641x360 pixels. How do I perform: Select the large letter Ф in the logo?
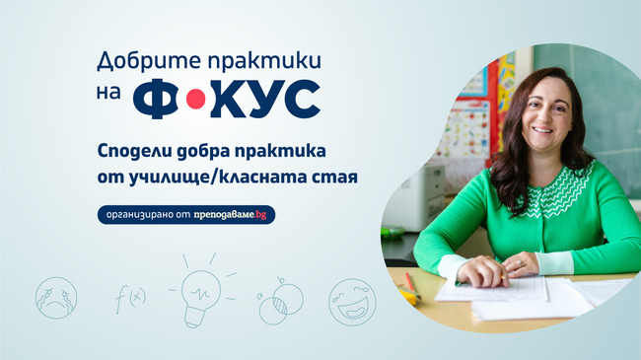point(158,99)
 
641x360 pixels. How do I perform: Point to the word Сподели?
point(139,153)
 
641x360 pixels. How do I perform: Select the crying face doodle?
point(55,297)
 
